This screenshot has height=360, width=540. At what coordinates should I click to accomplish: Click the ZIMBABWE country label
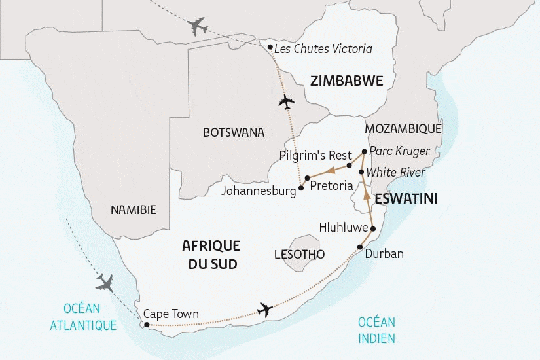tap(346, 81)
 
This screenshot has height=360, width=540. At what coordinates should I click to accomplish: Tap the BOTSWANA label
tap(234, 132)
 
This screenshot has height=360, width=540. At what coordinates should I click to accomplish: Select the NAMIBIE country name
tap(134, 210)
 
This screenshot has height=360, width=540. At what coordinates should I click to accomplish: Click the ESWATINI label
tap(406, 197)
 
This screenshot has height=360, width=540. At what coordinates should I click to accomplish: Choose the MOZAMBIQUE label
tap(403, 128)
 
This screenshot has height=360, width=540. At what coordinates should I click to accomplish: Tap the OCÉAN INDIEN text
tap(377, 330)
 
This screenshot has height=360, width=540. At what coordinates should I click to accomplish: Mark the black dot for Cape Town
tap(146, 325)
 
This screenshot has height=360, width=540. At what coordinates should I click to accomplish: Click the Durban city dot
tap(360, 247)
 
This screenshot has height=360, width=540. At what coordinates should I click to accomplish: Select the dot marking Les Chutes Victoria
tap(270, 46)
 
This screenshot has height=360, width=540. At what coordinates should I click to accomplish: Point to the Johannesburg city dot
tap(301, 188)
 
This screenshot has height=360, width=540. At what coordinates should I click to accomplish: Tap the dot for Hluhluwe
tap(372, 228)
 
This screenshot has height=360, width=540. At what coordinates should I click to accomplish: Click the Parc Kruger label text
tap(399, 151)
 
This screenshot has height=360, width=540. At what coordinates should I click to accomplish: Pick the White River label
tap(395, 173)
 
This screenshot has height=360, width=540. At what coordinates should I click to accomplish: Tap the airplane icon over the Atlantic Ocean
tap(104, 283)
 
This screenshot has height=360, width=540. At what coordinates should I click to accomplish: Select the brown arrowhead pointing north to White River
tap(367, 195)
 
